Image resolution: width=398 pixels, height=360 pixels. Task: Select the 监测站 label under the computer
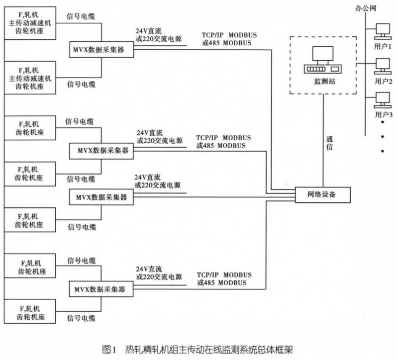click(x=324, y=82)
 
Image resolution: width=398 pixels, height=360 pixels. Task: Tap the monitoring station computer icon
click(x=323, y=60)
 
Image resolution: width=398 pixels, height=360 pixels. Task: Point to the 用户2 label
click(x=384, y=81)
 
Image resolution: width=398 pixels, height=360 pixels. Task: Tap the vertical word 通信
click(x=330, y=144)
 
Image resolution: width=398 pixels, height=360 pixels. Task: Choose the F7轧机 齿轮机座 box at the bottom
click(x=29, y=312)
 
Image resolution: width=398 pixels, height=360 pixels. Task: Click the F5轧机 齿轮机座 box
click(x=29, y=220)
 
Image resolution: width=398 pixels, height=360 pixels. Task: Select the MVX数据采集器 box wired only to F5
click(x=101, y=197)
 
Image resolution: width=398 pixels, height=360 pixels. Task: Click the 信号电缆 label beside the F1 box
click(x=81, y=16)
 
